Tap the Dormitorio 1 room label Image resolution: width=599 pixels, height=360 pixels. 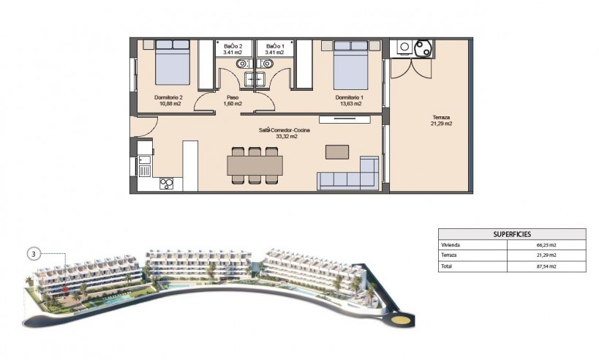point(349,97)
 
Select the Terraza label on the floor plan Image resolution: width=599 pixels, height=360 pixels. point(441,118)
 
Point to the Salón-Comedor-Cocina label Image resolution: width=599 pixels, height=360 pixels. point(284,130)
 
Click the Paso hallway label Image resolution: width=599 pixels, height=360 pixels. point(233,97)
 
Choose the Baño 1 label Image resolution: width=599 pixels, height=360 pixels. point(275,45)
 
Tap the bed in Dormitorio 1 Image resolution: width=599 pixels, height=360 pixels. point(350,63)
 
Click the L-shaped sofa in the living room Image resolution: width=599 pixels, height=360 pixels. point(347,176)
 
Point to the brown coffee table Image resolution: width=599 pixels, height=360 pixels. point(338,151)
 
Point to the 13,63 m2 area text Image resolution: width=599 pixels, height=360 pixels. point(349,103)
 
